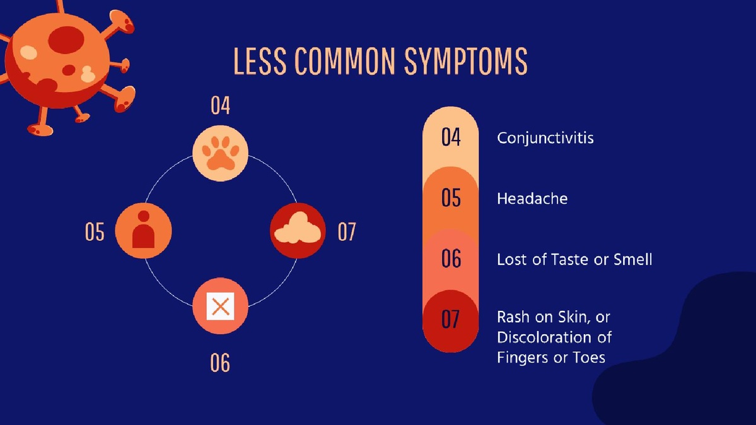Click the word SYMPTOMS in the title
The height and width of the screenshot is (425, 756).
pyautogui.click(x=465, y=61)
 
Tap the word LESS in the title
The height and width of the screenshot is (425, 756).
pyautogui.click(x=260, y=61)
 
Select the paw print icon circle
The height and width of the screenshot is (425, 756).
pyautogui.click(x=220, y=153)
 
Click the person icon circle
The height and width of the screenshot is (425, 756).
pyautogui.click(x=143, y=231)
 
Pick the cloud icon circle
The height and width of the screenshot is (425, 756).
pyautogui.click(x=298, y=231)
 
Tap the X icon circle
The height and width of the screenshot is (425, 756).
pyautogui.click(x=220, y=306)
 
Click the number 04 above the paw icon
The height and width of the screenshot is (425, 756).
pyautogui.click(x=220, y=106)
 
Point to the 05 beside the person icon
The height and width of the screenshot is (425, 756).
pyautogui.click(x=95, y=232)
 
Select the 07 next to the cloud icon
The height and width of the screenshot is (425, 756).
pyautogui.click(x=347, y=232)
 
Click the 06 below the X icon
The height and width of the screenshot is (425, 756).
pyautogui.click(x=220, y=363)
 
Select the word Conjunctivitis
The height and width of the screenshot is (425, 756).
pyautogui.click(x=545, y=139)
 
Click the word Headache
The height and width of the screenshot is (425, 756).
pyautogui.click(x=532, y=198)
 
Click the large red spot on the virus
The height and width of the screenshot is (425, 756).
pyautogui.click(x=66, y=39)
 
